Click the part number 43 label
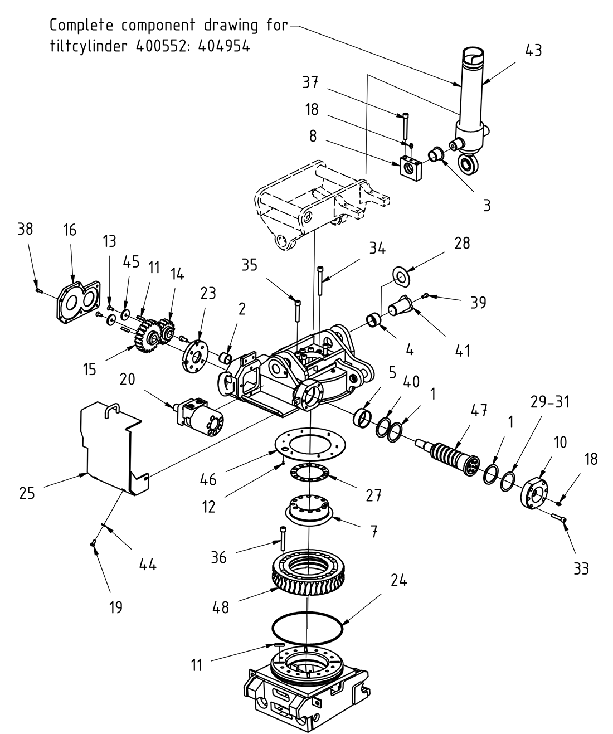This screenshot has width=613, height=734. point(533,50)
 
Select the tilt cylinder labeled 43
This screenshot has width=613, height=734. point(471,100)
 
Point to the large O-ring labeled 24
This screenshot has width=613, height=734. point(307,629)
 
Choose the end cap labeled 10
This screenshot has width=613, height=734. point(535,492)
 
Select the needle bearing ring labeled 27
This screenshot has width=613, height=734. point(308,473)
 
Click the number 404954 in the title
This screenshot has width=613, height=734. point(222,46)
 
